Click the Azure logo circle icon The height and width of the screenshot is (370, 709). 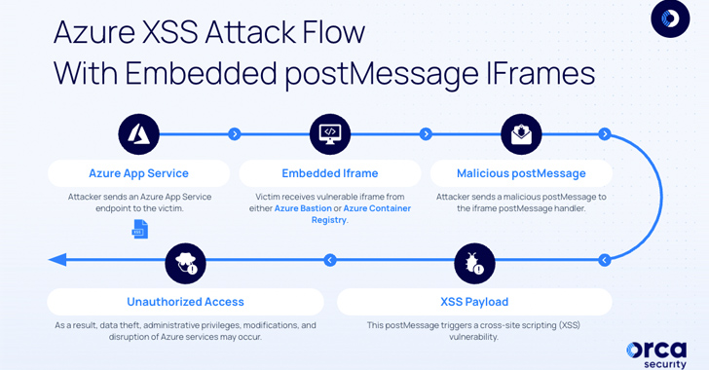(x=139, y=134)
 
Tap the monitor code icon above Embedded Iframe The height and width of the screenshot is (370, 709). (x=330, y=134)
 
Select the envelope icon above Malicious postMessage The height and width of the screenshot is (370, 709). (x=521, y=134)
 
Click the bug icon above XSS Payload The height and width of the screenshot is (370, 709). (x=474, y=263)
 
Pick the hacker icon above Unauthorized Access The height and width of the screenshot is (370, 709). (x=185, y=263)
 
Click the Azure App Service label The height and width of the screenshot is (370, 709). (x=139, y=173)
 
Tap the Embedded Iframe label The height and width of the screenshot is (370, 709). (x=330, y=173)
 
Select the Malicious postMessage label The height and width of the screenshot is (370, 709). (x=521, y=173)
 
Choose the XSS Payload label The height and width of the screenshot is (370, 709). (x=474, y=302)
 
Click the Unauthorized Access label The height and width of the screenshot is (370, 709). (x=185, y=302)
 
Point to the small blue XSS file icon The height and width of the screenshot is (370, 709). (x=139, y=230)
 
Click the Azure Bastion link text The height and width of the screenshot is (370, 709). (x=303, y=208)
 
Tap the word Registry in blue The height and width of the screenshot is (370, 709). (x=329, y=220)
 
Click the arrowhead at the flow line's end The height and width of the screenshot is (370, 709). (x=57, y=260)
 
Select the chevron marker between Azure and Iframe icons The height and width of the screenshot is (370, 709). (x=234, y=134)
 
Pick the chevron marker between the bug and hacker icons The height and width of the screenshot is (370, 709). (x=330, y=260)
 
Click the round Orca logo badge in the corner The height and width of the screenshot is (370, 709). (x=670, y=18)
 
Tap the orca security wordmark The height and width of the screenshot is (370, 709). (x=656, y=355)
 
